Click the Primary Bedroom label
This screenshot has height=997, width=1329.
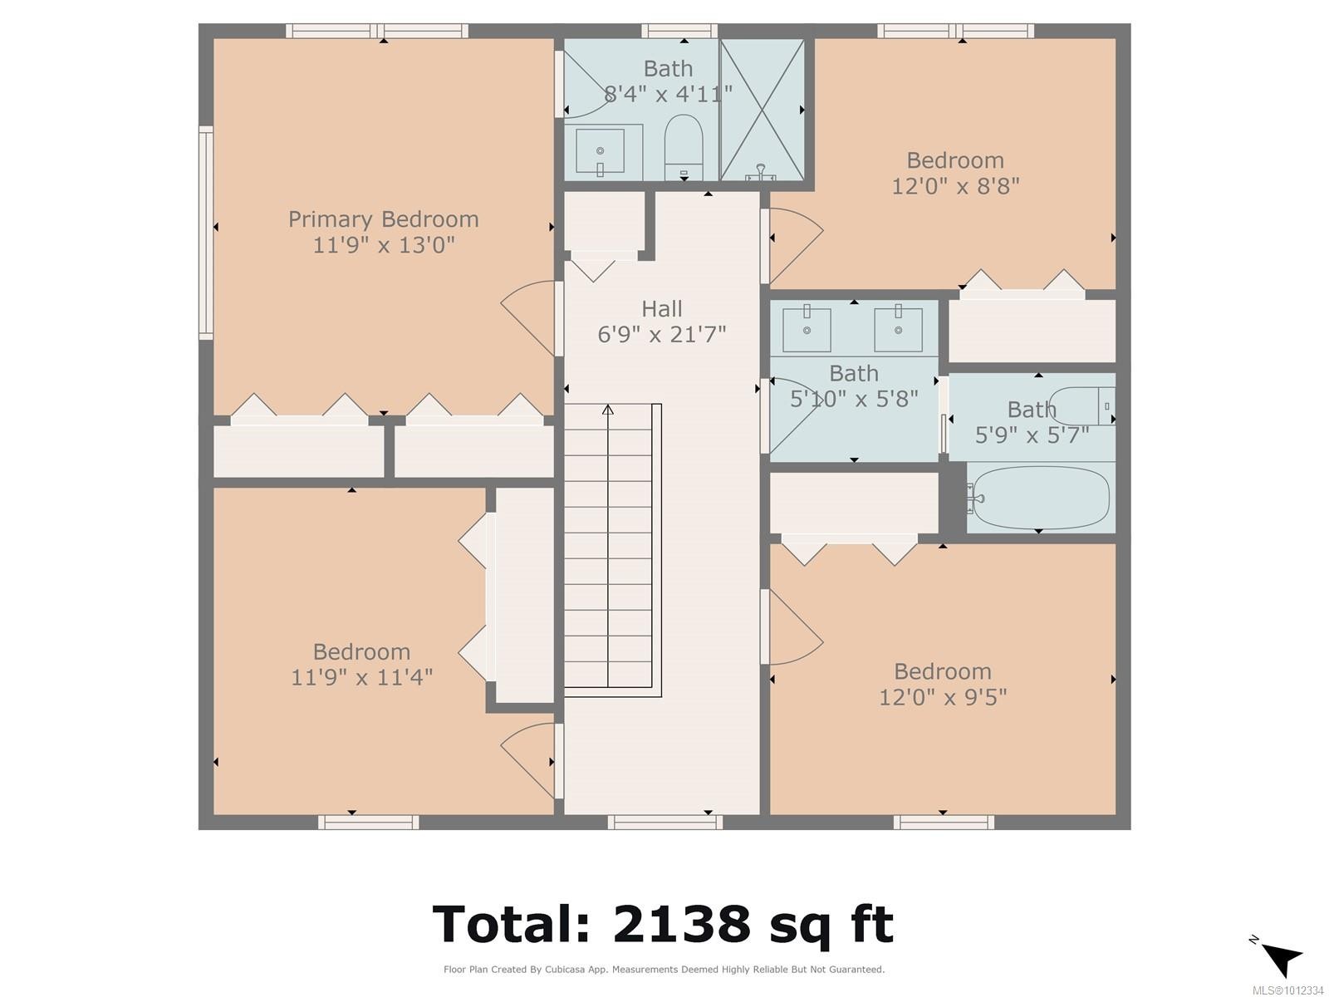383,219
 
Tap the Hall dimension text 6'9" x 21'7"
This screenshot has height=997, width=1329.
661,335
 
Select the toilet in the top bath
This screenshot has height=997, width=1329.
684,145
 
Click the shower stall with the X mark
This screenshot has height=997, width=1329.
762,110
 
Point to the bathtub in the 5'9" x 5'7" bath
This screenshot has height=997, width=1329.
1042,498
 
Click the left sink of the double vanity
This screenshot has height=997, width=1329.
807,329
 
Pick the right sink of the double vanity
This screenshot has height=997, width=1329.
898,329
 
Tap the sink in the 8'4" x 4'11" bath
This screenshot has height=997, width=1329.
601,151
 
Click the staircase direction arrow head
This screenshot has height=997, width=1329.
608,409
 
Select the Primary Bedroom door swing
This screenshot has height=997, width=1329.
528,307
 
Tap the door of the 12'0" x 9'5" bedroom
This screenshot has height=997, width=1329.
793,627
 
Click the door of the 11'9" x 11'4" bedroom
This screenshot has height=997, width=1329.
528,749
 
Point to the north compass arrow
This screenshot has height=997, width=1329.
1280,958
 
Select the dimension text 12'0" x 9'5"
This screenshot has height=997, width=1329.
943,697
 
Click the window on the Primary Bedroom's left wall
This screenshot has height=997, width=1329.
205,233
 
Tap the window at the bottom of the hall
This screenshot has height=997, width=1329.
664,823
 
